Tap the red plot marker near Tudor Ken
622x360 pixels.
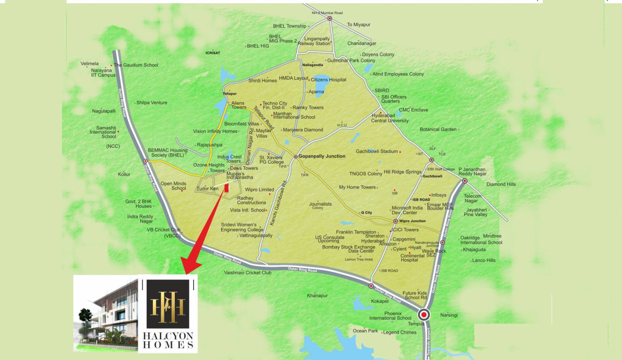pyautogui.click(x=226, y=188)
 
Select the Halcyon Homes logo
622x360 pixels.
pyautogui.click(x=168, y=313)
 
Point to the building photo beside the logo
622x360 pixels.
pyautogui.click(x=106, y=313)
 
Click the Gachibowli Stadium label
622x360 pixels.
pyautogui.click(x=376, y=151)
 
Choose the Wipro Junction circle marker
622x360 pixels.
pyautogui.click(x=395, y=221)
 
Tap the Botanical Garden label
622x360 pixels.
pyautogui.click(x=438, y=129)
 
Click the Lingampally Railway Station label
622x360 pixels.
pyautogui.click(x=317, y=41)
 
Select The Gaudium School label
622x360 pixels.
pyautogui.click(x=136, y=65)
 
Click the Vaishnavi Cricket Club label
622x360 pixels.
pyautogui.click(x=247, y=272)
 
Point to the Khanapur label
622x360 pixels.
pyautogui.click(x=317, y=295)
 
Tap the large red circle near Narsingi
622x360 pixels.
pyautogui.click(x=424, y=315)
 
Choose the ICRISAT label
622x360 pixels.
pyautogui.click(x=213, y=53)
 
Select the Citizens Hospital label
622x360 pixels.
pyautogui.click(x=329, y=80)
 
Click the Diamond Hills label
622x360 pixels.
pyautogui.click(x=501, y=184)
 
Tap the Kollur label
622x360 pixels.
pyautogui.click(x=124, y=174)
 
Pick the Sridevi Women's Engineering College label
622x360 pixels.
pyautogui.click(x=242, y=227)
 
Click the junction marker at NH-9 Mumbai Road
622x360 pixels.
pyautogui.click(x=330, y=18)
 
